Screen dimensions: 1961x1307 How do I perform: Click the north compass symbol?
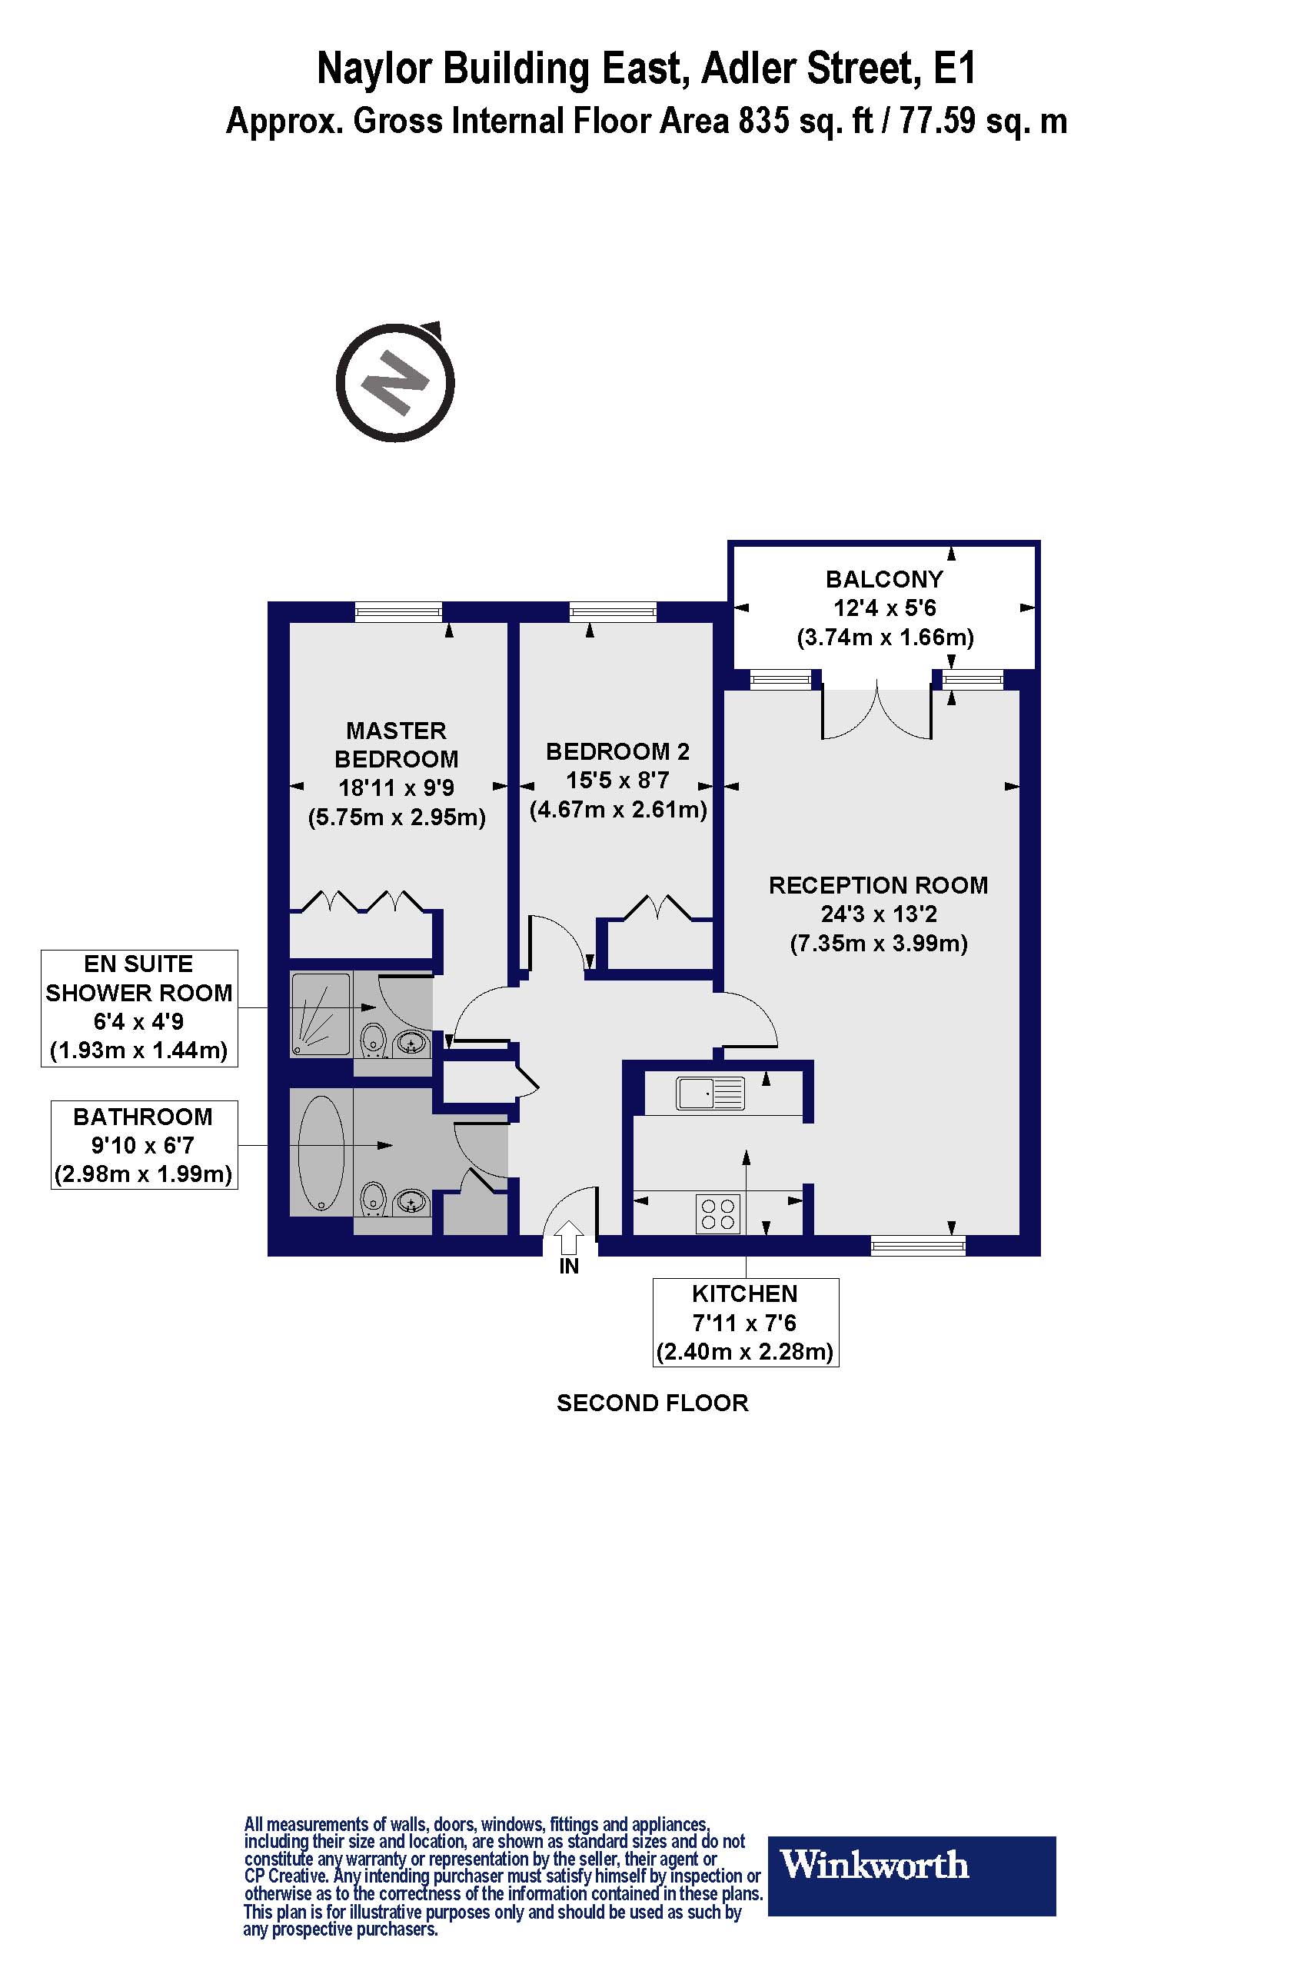[395, 384]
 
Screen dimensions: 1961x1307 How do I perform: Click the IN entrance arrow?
[568, 1237]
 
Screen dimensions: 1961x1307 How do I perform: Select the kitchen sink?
[710, 1093]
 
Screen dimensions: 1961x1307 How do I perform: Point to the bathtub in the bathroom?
[321, 1153]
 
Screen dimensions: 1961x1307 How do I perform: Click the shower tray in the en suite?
[321, 1014]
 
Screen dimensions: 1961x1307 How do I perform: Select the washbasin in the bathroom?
[410, 1202]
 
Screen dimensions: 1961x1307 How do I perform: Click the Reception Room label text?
[878, 885]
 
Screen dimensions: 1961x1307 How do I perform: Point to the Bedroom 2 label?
[617, 751]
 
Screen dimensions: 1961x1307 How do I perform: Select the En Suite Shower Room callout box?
[139, 1007]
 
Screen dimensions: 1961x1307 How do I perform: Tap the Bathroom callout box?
[143, 1145]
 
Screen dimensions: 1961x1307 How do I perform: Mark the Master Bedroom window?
[397, 613]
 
